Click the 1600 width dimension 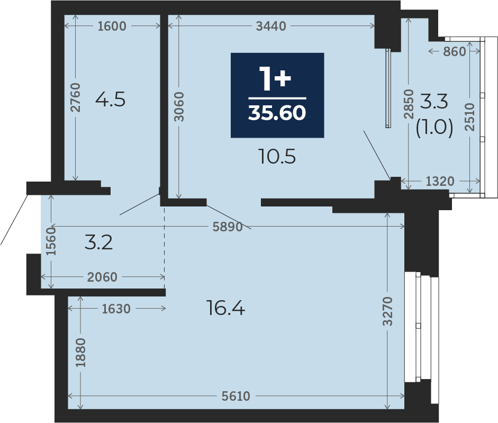coord(112,26)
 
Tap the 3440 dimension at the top coord(271,26)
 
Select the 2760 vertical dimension coord(76,97)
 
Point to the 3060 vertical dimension coord(179,106)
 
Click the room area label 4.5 coord(110,100)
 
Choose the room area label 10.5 coord(277,157)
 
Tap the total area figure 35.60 coord(277,113)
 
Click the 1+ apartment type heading coord(275,78)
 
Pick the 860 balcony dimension coord(455,51)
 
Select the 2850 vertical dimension coord(409,104)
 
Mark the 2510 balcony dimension coord(469,116)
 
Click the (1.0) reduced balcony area coord(434,129)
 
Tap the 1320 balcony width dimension coord(440,181)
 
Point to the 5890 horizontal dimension coord(228,227)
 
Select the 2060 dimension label coord(102,277)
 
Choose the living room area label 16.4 coord(226,308)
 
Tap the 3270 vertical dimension coord(387,311)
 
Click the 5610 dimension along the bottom coord(236,397)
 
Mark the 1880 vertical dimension coord(80,353)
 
